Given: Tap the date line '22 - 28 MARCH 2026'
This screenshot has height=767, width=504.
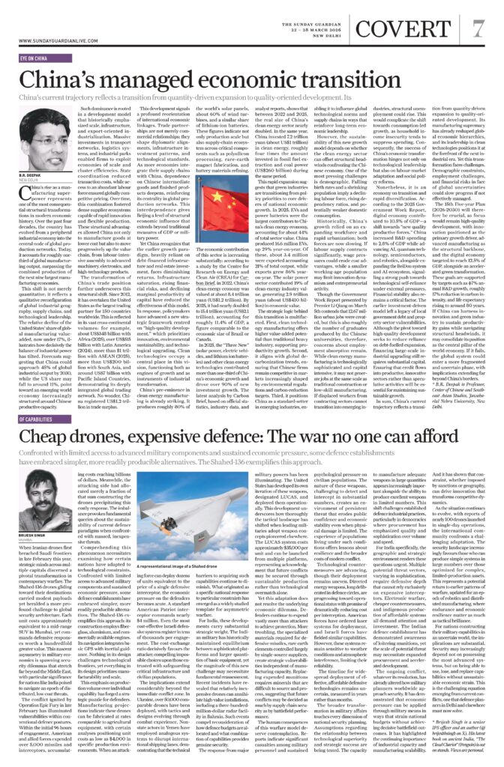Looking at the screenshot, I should coord(319,21).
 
